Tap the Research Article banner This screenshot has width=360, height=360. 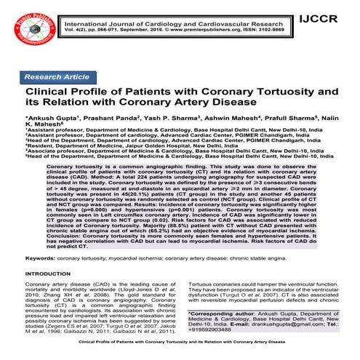57,76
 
